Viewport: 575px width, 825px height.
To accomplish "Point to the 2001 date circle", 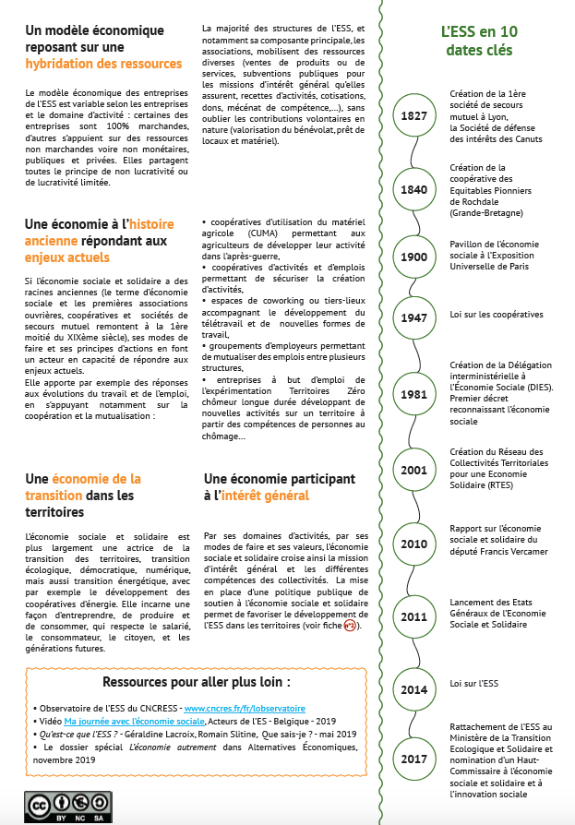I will pos(413,469).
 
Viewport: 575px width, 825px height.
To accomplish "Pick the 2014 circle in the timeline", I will pos(413,688).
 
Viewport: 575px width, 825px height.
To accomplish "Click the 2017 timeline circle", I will pos(413,759).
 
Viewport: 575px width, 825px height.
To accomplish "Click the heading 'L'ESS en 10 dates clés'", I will pos(476,41).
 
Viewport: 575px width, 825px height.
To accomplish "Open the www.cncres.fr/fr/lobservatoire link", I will pos(238,708).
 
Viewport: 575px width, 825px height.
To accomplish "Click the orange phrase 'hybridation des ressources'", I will pos(104,64).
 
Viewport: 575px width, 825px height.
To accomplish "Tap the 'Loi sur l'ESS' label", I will pos(474,684).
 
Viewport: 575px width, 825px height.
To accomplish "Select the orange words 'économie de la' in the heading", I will pos(97,479).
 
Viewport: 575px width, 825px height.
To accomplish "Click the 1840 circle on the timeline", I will pos(413,189).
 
